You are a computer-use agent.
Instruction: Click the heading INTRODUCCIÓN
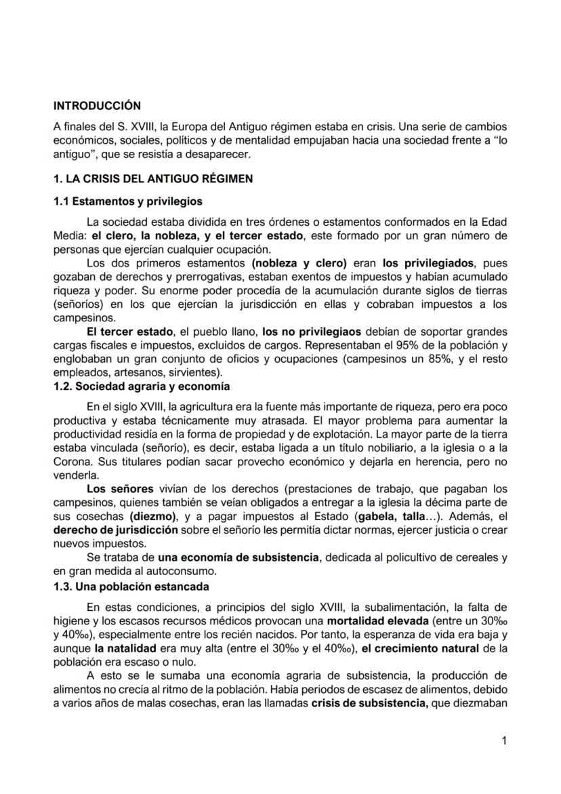click(x=97, y=106)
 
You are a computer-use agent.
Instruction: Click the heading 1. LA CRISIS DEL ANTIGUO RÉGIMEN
click(x=153, y=179)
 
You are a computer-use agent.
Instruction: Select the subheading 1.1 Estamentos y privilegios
click(x=127, y=201)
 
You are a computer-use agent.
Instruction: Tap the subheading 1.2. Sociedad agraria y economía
click(x=142, y=386)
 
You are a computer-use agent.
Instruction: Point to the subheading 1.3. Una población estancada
click(x=131, y=587)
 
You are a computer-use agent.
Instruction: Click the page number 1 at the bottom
click(x=503, y=741)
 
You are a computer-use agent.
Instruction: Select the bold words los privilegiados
click(x=428, y=262)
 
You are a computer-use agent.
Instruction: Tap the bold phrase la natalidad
click(x=127, y=648)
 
